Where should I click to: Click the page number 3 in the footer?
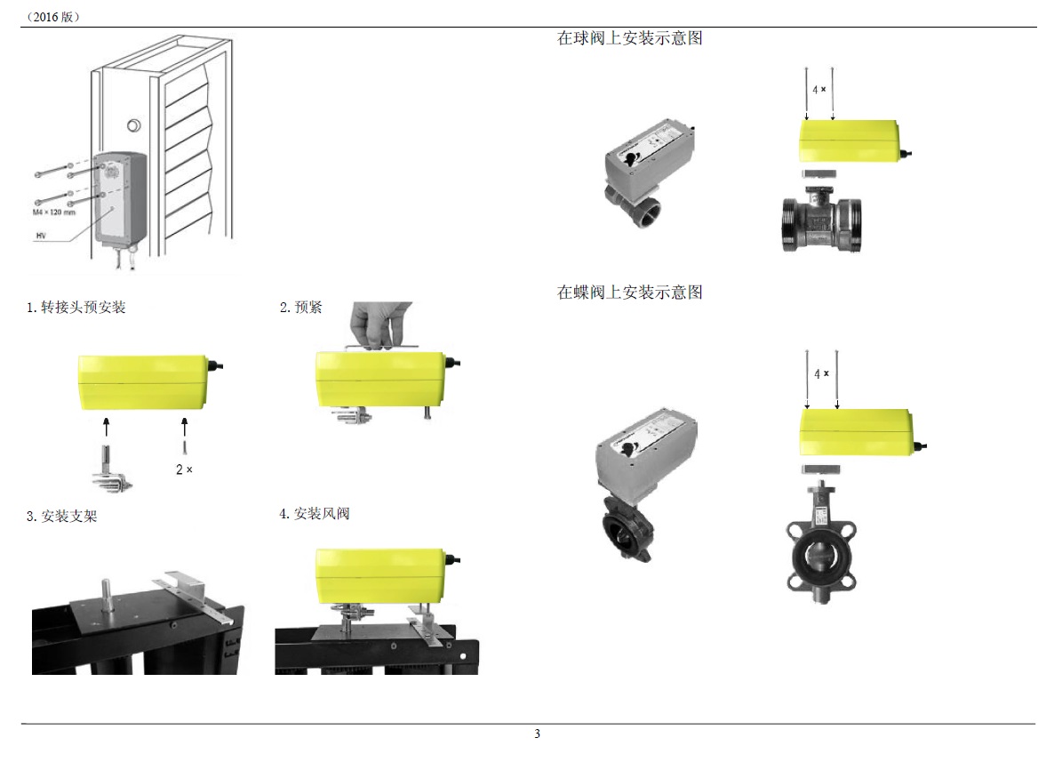(537, 734)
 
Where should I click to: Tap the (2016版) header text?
(53, 16)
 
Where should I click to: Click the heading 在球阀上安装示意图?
(629, 38)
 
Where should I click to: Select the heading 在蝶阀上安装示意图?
(629, 293)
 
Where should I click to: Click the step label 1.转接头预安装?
(76, 308)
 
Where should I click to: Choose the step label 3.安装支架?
(61, 516)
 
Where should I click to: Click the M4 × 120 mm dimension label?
(55, 213)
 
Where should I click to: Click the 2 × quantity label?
(184, 469)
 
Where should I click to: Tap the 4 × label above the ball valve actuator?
(819, 90)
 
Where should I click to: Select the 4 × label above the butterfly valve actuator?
(821, 373)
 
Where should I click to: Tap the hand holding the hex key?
(379, 321)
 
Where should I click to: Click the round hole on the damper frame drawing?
(135, 125)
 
